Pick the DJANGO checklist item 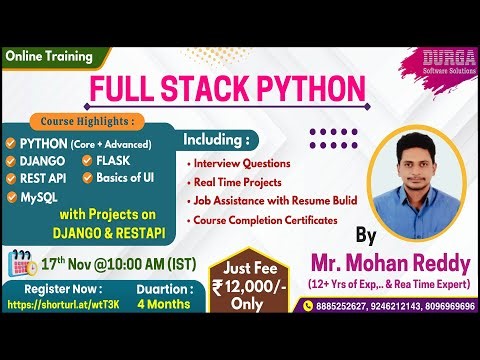[43, 160]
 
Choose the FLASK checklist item [118, 160]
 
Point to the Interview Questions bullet [244, 163]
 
